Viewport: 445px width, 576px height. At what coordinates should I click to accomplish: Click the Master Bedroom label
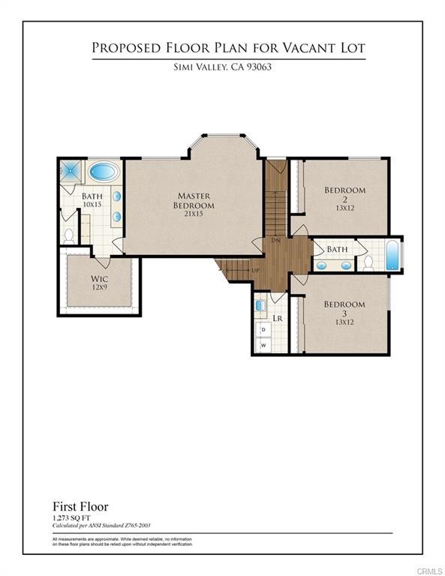coord(194,200)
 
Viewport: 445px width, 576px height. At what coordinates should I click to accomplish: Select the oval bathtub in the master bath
coord(104,171)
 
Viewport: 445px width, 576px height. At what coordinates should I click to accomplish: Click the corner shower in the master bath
coord(71,169)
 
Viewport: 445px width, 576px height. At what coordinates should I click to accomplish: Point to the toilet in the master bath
coord(69,235)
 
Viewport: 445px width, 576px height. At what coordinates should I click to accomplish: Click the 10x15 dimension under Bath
coord(92,205)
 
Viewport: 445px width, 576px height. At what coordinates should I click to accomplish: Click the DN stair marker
coord(276,241)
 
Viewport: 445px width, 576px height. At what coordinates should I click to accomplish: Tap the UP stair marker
coord(255,270)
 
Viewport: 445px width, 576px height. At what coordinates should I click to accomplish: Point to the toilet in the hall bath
coord(368,262)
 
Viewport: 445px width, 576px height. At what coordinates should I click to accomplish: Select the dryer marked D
coord(263,329)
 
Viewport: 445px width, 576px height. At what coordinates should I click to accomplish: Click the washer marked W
coord(263,346)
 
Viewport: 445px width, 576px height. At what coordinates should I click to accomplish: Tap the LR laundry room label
coord(277,319)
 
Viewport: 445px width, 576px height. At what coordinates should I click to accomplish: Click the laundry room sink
coord(260,306)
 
